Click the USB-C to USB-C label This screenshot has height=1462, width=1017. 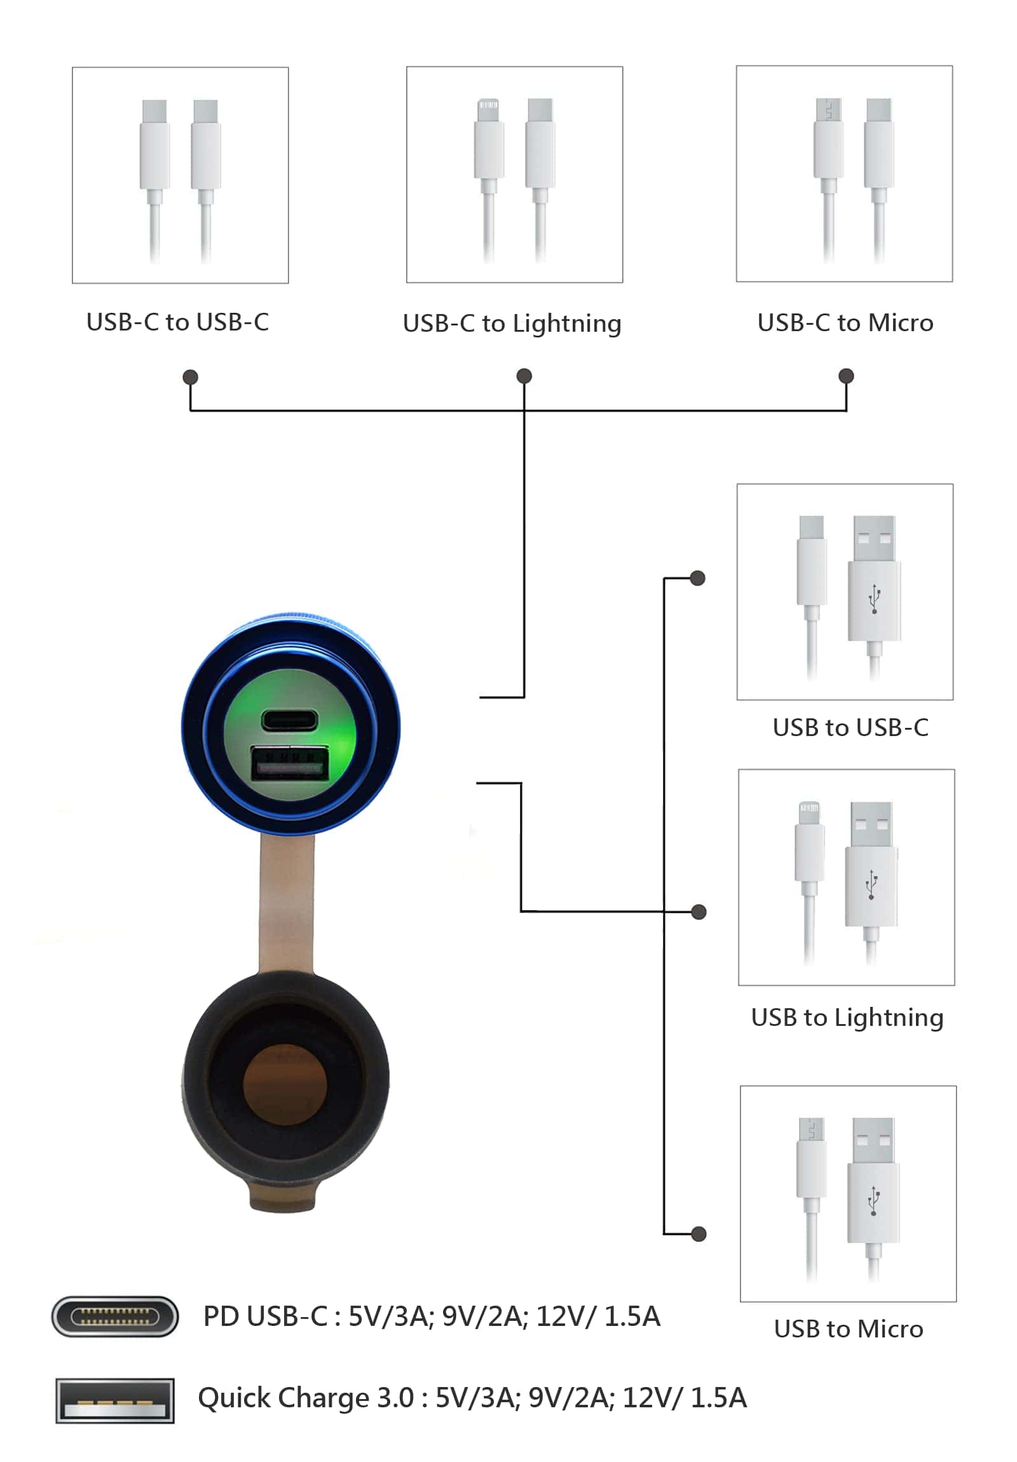(178, 322)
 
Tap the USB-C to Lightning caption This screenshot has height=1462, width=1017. (512, 324)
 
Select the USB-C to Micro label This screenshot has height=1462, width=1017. (845, 323)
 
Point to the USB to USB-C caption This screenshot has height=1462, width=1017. (850, 727)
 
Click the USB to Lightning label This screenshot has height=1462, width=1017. (847, 1018)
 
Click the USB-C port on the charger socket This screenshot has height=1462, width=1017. (289, 720)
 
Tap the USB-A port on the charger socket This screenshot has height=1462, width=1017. (290, 763)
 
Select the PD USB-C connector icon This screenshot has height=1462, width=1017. (114, 1316)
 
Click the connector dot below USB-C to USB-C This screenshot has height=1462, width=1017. (190, 377)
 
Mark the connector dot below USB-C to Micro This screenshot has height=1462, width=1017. (845, 376)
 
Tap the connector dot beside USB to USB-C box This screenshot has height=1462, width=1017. (698, 578)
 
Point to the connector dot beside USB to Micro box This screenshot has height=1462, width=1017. (699, 1234)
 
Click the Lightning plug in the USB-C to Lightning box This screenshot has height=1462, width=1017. (488, 144)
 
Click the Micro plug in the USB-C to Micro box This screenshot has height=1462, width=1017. (828, 143)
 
